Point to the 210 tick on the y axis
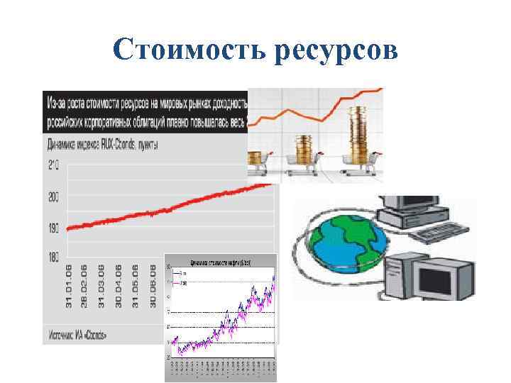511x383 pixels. pyautogui.click(x=54, y=166)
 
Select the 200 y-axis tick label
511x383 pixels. pyautogui.click(x=54, y=198)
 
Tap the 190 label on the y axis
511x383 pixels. pyautogui.click(x=54, y=228)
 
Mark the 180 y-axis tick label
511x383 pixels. pyautogui.click(x=54, y=258)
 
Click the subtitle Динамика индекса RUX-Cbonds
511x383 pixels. pyautogui.click(x=103, y=145)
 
